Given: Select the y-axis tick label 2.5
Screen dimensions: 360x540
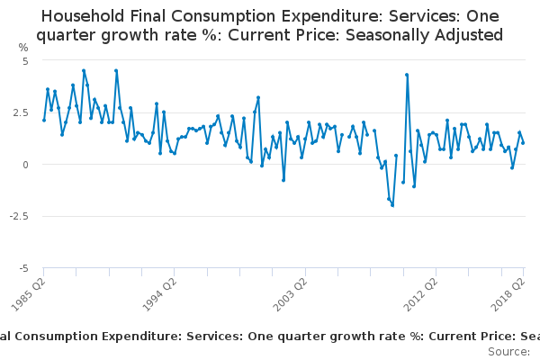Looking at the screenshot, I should pyautogui.click(x=22, y=112).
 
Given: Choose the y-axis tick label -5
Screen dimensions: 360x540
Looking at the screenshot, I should pyautogui.click(x=24, y=268).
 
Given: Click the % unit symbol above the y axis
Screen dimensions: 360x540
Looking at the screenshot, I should pyautogui.click(x=23, y=47).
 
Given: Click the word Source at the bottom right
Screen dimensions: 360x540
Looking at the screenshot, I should pyautogui.click(x=508, y=351).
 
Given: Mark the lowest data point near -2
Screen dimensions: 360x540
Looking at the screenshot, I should pyautogui.click(x=392, y=205).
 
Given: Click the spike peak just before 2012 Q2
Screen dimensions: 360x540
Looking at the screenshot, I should pyautogui.click(x=407, y=75).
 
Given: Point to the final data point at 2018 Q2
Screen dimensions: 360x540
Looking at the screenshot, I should pyautogui.click(x=523, y=143).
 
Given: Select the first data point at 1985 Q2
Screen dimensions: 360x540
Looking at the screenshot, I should pyautogui.click(x=43, y=120).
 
